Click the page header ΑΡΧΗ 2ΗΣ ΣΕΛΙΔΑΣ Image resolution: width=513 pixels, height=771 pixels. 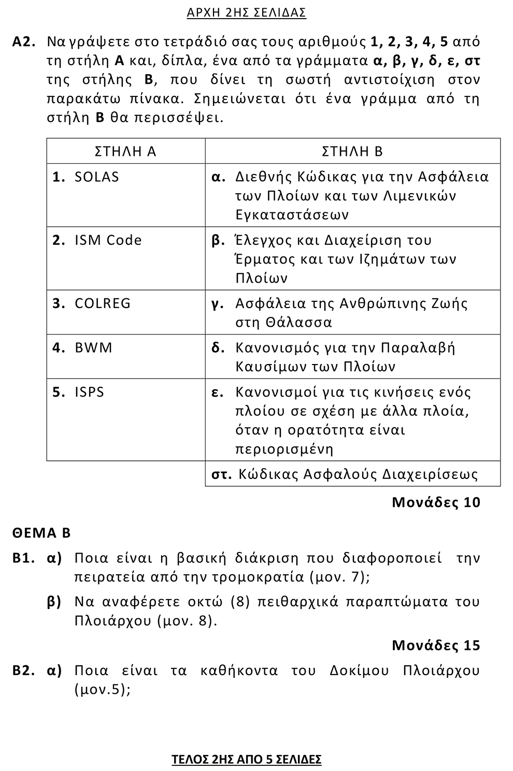pyautogui.click(x=246, y=13)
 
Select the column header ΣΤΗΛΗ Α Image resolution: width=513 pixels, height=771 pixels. pyautogui.click(x=125, y=151)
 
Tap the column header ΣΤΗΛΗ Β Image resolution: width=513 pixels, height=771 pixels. pyautogui.click(x=352, y=151)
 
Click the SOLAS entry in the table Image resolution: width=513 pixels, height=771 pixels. pyautogui.click(x=96, y=177)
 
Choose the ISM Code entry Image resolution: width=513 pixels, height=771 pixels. pyautogui.click(x=108, y=240)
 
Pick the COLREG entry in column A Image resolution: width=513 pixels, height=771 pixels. pyautogui.click(x=103, y=303)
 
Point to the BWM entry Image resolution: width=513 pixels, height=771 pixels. pyautogui.click(x=93, y=347)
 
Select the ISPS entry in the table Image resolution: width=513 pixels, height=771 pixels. pyautogui.click(x=89, y=392)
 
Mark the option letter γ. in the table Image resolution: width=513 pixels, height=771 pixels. pyautogui.click(x=218, y=304)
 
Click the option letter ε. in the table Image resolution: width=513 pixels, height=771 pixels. pyautogui.click(x=218, y=392)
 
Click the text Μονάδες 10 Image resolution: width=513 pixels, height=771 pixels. pyautogui.click(x=436, y=502)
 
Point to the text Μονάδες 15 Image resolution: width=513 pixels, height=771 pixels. pyautogui.click(x=436, y=645)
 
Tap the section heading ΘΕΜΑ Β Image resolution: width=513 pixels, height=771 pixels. pyautogui.click(x=41, y=533)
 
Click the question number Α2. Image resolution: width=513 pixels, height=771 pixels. pyautogui.click(x=24, y=42)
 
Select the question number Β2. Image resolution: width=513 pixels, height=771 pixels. pyautogui.click(x=24, y=671)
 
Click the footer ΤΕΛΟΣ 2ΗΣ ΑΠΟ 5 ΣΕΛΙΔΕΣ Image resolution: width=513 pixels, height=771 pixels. pyautogui.click(x=246, y=760)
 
